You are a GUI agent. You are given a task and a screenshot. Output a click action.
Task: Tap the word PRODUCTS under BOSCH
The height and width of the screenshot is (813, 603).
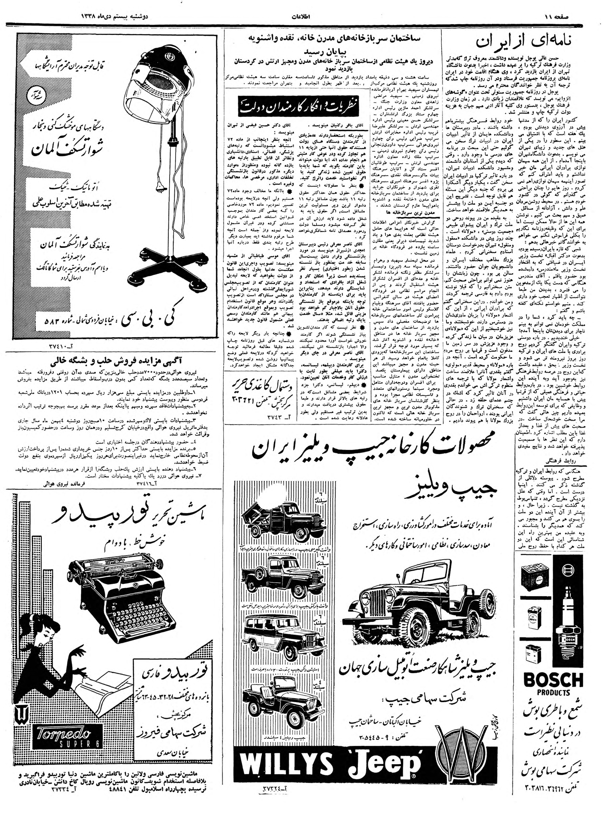[553, 693]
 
